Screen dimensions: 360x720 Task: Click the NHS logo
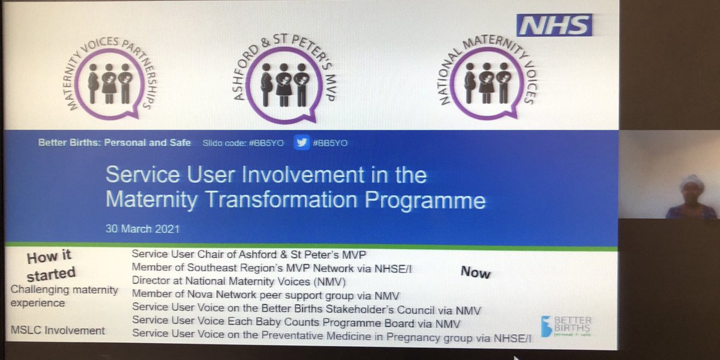click(554, 25)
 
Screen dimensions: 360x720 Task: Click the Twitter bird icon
click(302, 142)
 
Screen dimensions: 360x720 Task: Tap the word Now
click(475, 273)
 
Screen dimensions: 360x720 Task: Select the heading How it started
click(50, 265)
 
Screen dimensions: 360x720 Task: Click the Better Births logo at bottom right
click(566, 326)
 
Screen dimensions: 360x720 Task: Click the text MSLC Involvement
click(58, 330)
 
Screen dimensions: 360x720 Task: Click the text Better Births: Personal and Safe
click(115, 143)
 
